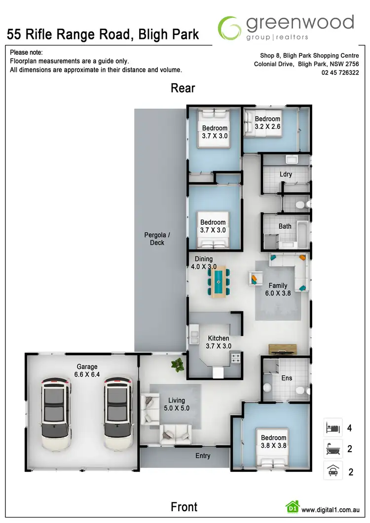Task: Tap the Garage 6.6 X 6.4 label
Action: point(87,371)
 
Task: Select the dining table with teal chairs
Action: point(218,281)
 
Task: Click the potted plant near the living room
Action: point(175,364)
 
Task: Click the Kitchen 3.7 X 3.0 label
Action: point(219,342)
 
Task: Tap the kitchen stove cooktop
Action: point(236,358)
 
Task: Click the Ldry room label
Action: point(286,174)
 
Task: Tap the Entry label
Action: point(203,456)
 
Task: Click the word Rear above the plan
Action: point(183,88)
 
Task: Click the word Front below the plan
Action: point(184,506)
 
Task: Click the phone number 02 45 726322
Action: point(340,73)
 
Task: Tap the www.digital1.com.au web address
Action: point(330,510)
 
